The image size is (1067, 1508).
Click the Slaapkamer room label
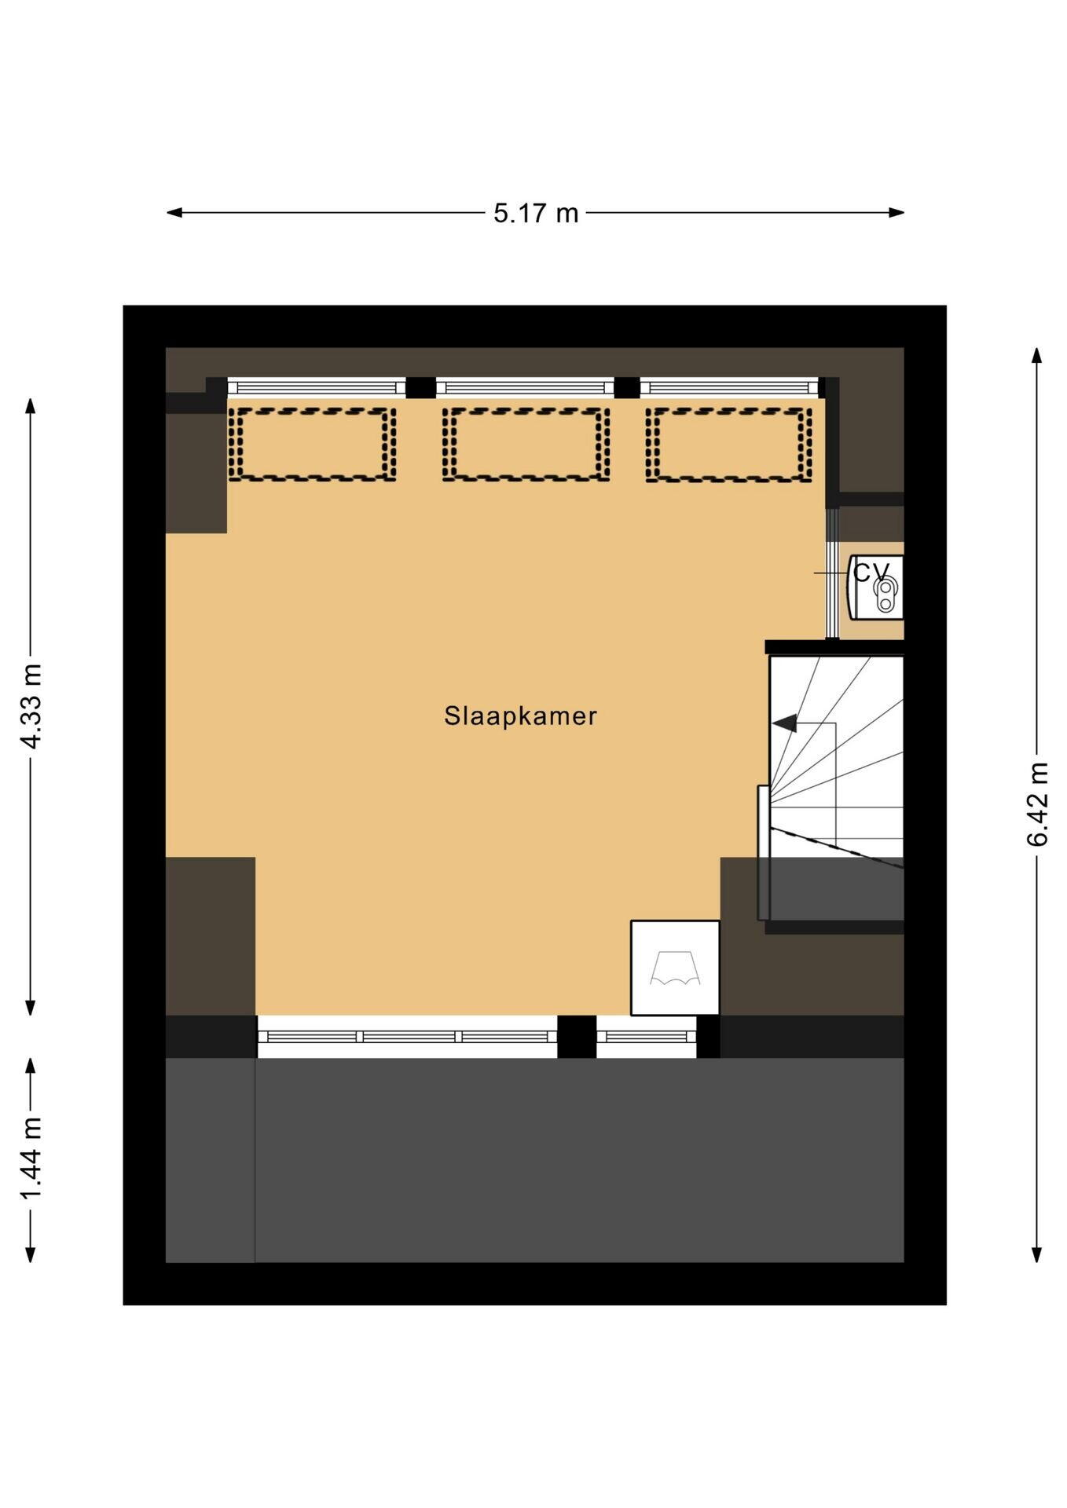coord(520,716)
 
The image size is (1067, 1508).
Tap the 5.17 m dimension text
coord(535,213)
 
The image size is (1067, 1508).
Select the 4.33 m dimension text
coord(31,705)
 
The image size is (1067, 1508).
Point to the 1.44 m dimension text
coord(31,1158)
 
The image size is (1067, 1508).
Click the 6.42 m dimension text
coord(1037,803)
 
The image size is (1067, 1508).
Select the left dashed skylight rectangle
coord(311,444)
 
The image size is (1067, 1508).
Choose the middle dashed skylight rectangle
coord(526,444)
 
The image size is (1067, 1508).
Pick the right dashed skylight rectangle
coord(728,444)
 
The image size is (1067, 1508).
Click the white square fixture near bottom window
coord(675,968)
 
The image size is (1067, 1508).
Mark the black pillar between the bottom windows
coord(577,1036)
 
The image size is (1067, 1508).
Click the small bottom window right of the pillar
coord(646,1036)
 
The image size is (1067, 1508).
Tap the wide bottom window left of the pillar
coord(407,1036)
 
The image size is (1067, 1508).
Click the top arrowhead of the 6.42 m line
coord(1037,355)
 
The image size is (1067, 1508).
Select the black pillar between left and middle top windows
coord(420,387)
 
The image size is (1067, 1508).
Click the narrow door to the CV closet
coord(831,573)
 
